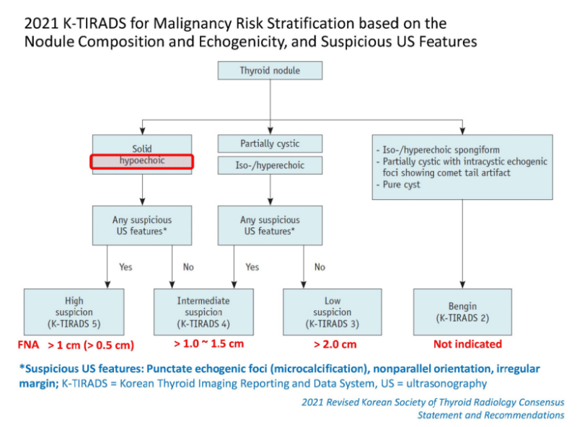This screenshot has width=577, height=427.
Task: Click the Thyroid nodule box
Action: coord(270,70)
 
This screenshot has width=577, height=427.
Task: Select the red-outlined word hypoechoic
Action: coord(142,161)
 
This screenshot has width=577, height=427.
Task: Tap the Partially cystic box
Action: coord(270,144)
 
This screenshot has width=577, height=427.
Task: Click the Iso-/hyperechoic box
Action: coord(270,165)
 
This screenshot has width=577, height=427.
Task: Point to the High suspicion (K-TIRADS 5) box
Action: coord(74,312)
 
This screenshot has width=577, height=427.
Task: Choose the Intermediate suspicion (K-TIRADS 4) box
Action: coord(203,312)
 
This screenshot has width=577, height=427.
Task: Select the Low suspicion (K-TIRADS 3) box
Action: coord(332,312)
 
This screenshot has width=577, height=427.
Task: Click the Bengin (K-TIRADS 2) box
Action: coord(462,312)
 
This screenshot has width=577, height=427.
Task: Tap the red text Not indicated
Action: coord(467,344)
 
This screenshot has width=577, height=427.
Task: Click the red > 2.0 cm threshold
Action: coord(335,344)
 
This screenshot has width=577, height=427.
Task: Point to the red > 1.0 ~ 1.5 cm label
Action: coord(208,343)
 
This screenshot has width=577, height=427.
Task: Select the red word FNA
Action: coord(28,345)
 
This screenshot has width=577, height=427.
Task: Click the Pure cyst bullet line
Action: coord(398,185)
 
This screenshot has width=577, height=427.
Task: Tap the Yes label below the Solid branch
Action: coord(125,267)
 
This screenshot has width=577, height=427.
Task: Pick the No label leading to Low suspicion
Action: coord(320,267)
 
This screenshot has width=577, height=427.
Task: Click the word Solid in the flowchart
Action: coord(142,149)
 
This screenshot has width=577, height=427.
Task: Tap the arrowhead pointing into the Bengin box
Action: coord(462,285)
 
